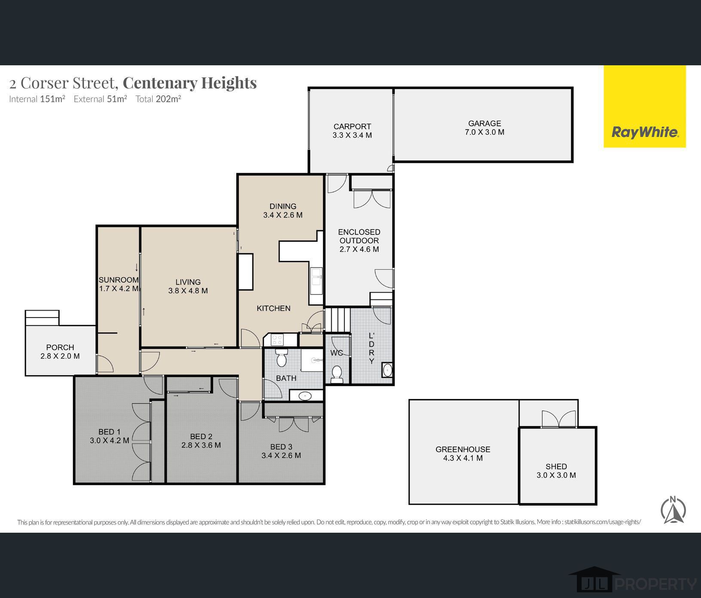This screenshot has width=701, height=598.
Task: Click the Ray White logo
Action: tap(644, 132)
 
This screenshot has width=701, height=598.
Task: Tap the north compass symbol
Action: tap(673, 510)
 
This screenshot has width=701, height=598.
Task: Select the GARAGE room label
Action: tap(485, 123)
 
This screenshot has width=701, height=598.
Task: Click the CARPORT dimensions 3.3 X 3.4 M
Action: tap(352, 135)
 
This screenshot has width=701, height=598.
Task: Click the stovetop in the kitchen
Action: tap(277, 340)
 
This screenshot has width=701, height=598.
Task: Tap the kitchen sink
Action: tap(317, 277)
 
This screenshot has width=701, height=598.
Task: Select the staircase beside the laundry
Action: tap(337, 320)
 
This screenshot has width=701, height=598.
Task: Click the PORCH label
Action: tap(60, 347)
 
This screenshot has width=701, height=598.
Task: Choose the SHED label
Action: tap(556, 466)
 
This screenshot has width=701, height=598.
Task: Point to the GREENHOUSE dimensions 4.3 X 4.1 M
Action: tap(463, 458)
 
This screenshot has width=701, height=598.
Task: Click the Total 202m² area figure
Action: tap(158, 99)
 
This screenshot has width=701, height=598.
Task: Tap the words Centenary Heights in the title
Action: tap(189, 82)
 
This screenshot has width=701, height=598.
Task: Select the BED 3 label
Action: tap(281, 447)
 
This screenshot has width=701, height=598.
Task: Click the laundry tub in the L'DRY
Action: tap(387, 370)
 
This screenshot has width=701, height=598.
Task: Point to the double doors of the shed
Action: tap(558, 419)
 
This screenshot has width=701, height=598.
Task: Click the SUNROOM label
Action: tap(118, 280)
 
